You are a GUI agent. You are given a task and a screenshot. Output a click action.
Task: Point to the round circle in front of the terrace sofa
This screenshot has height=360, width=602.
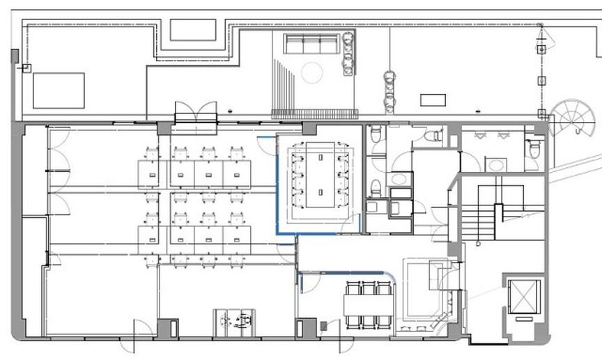311,72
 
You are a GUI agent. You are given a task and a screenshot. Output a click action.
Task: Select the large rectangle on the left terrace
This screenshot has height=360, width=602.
59,91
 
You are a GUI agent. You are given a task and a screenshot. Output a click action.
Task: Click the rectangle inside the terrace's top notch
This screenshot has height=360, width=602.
193,30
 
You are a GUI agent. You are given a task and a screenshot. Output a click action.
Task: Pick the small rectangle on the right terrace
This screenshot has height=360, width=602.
433,100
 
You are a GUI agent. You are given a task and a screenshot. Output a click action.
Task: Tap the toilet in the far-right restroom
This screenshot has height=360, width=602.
533,150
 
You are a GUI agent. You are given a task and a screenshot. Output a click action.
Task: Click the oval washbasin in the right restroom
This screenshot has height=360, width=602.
496,165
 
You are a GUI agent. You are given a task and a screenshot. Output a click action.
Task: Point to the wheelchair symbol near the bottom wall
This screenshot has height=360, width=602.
234,322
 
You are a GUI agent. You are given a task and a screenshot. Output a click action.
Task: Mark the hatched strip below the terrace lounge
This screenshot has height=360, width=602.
314,114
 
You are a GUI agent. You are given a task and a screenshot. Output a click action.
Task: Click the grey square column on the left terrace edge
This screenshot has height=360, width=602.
15,56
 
